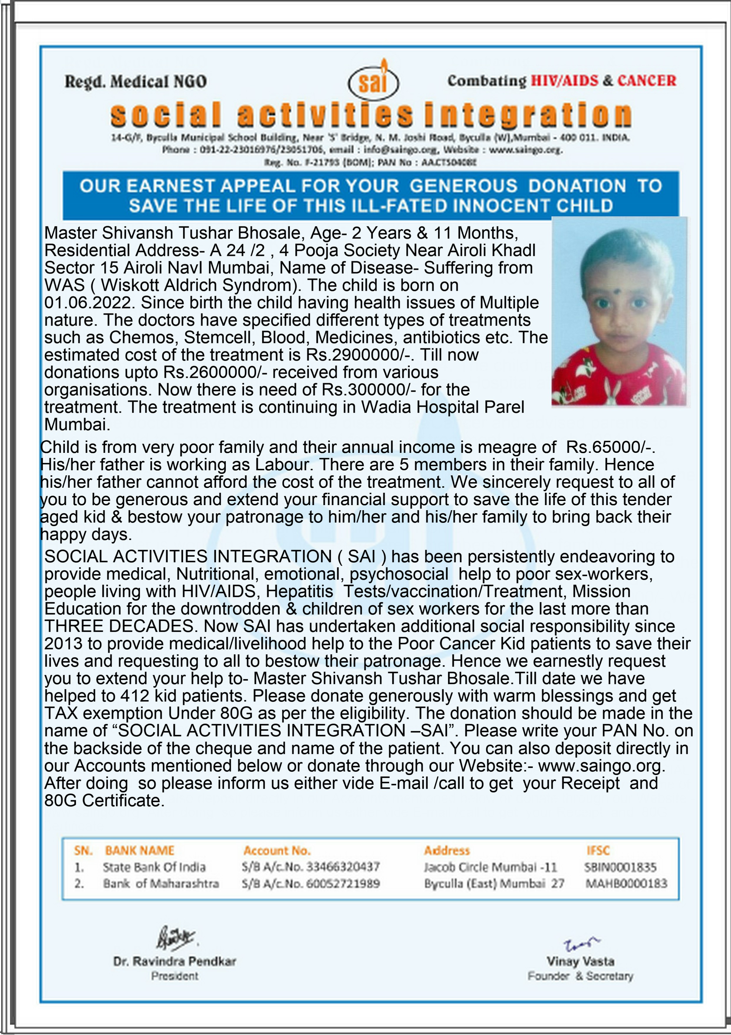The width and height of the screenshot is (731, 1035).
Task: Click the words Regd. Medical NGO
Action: [136, 82]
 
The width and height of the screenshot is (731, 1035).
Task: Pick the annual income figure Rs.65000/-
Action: [610, 447]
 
